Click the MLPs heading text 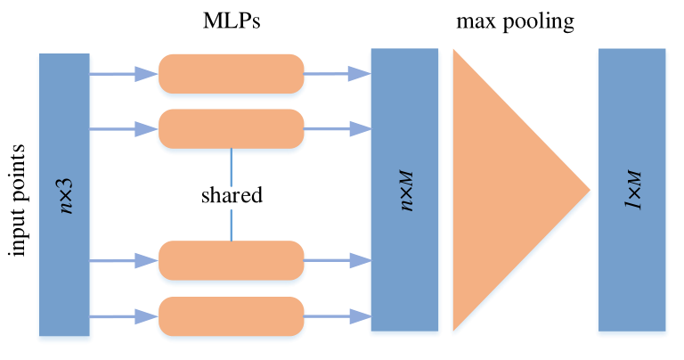(231, 20)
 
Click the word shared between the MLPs (231, 194)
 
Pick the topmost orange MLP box (231, 74)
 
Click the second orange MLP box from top (231, 128)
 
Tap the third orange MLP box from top (231, 260)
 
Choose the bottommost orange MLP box (231, 315)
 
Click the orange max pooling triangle (503, 190)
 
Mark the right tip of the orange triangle (589, 190)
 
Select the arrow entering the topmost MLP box (124, 74)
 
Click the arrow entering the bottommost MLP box (124, 315)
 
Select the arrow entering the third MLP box (124, 260)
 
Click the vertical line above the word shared (231, 164)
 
